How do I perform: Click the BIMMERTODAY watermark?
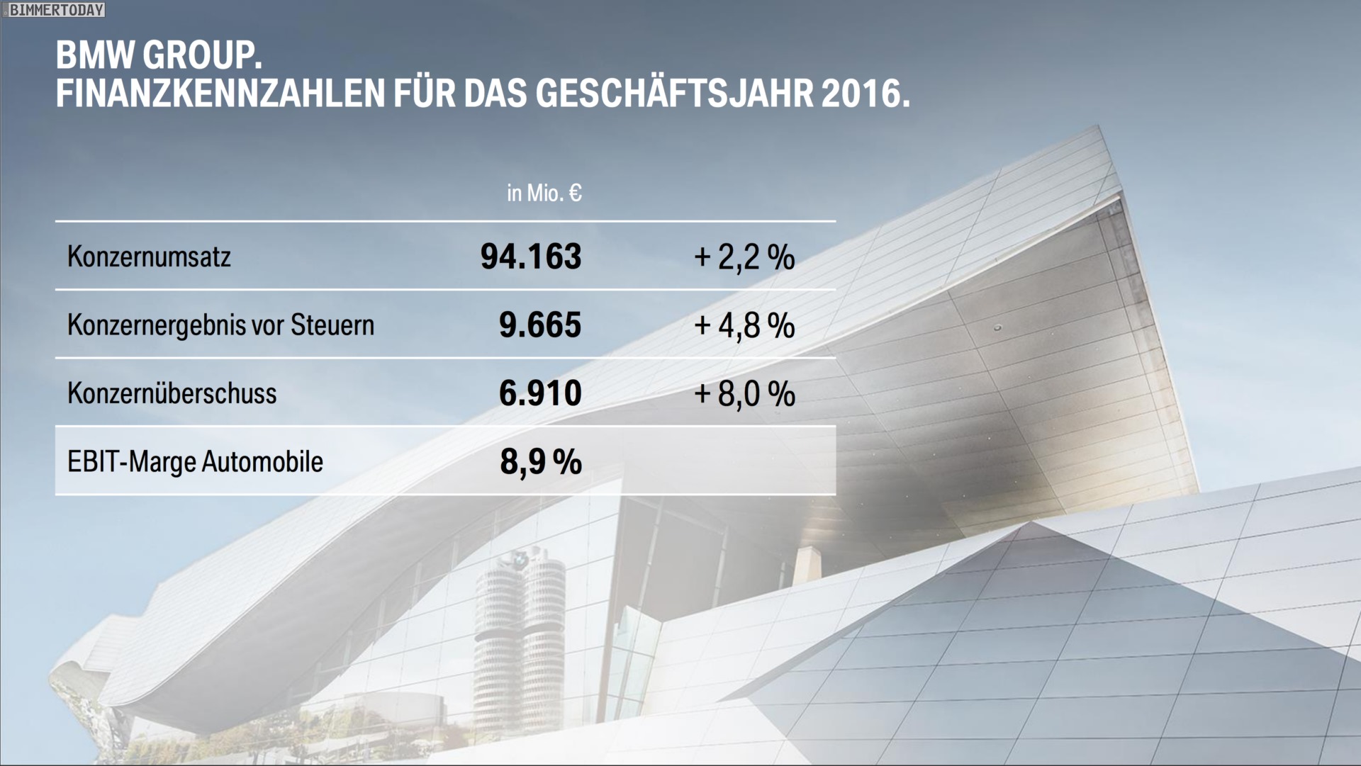click(x=56, y=10)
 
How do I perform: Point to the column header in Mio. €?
click(x=544, y=193)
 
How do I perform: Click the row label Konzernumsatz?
click(x=149, y=257)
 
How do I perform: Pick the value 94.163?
click(x=531, y=257)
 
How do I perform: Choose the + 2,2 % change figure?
click(x=744, y=257)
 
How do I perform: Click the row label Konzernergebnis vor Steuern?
click(x=220, y=325)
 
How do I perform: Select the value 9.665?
click(x=540, y=325)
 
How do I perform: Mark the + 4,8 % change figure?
click(x=744, y=325)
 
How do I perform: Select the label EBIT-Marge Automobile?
click(x=195, y=462)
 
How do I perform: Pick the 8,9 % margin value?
click(x=541, y=462)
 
